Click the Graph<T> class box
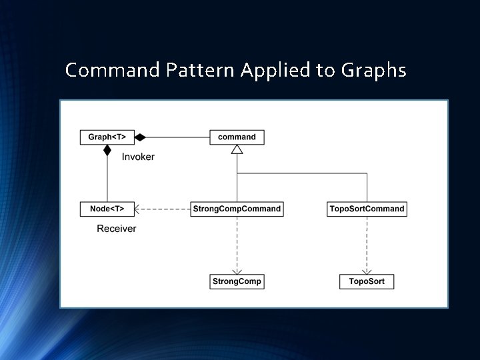coord(107,137)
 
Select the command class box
coord(237,137)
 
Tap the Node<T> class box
coord(107,209)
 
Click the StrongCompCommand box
coord(237,209)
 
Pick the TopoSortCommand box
coord(367,209)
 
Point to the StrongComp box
coord(237,282)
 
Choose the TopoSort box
coord(367,282)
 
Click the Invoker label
coord(138,157)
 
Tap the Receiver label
coord(116,229)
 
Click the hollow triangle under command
coord(237,149)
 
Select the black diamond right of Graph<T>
coord(139,137)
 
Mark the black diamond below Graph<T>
coord(107,150)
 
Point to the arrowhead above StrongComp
coord(237,270)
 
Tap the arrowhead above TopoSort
coord(367,270)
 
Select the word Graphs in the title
coord(373,70)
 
